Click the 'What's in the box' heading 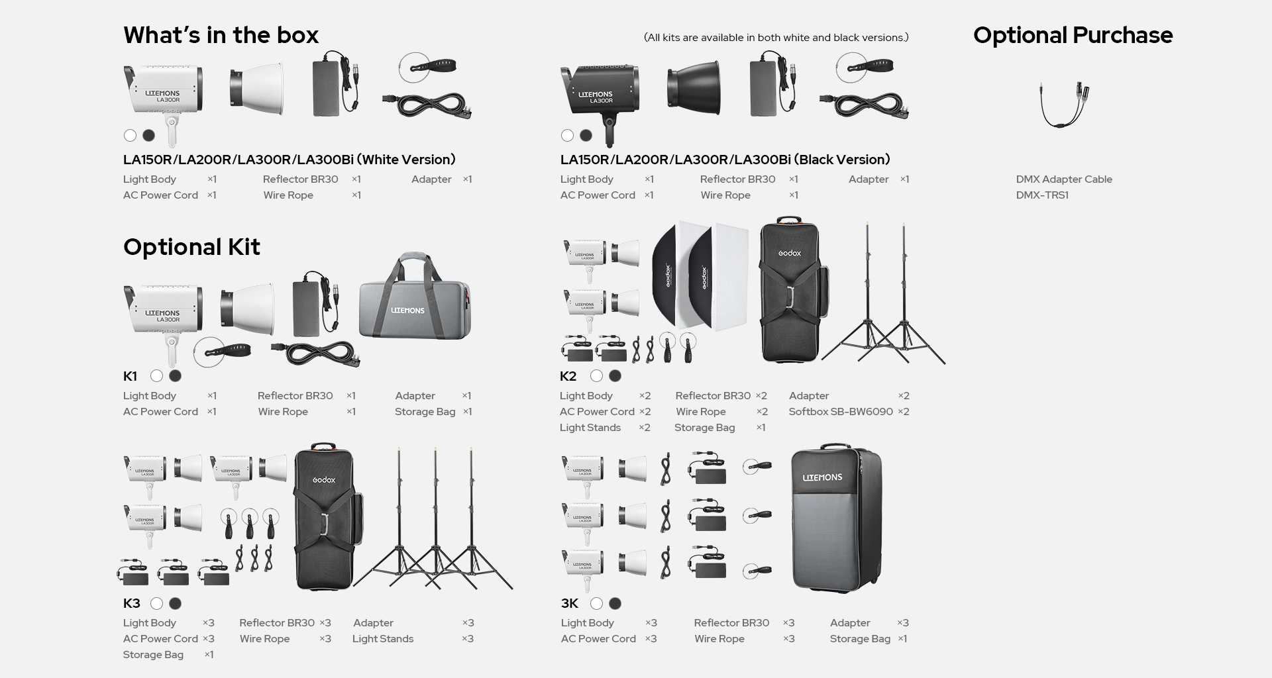pos(221,35)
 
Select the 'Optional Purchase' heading pos(1073,35)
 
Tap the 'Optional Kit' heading pos(191,247)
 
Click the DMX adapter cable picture pos(1065,104)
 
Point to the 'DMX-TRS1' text pos(1042,195)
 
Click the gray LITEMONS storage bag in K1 pos(415,296)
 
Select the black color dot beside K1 pos(175,376)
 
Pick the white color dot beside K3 pos(156,604)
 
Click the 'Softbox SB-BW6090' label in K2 pos(841,412)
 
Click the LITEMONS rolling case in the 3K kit pos(837,518)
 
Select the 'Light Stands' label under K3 pos(383,639)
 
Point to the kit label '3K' pos(570,604)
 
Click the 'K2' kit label pos(568,377)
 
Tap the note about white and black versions pos(776,38)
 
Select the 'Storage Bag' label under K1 pos(425,412)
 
